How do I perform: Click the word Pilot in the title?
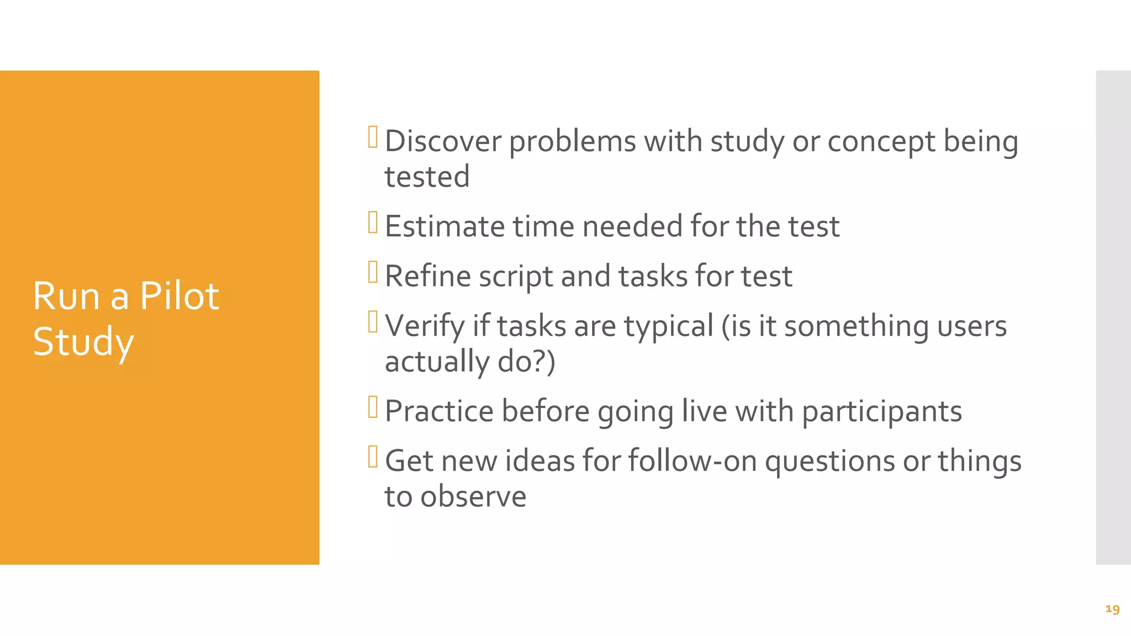coord(179,296)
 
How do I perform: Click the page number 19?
coord(1112,609)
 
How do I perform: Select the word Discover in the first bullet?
coord(443,141)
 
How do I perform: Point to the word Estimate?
coord(445,226)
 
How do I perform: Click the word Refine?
coord(428,276)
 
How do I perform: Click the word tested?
coord(427,177)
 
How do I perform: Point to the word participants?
coord(881,411)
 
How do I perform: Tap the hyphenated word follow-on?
coord(693,461)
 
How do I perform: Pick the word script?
coord(516,276)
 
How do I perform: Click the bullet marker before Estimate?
coord(373,222)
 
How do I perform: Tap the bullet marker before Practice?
coord(373,407)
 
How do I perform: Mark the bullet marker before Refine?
coord(373,272)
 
